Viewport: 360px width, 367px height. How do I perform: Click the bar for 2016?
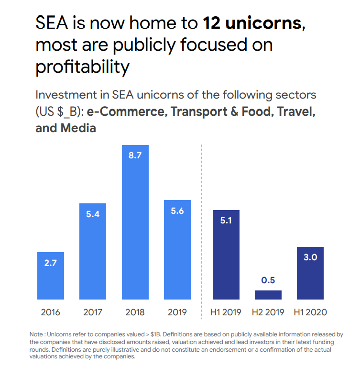(51, 276)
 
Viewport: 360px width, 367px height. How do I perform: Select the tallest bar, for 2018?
(135, 222)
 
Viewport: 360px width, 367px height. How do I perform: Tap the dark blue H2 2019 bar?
(268, 295)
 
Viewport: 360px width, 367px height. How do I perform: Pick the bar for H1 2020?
(310, 273)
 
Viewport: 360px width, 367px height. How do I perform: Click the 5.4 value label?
(93, 215)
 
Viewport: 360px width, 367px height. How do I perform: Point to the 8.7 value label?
(135, 156)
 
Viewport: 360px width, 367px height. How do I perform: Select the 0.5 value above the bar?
(268, 280)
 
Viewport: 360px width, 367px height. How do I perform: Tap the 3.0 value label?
(310, 257)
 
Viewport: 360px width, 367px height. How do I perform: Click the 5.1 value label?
(226, 221)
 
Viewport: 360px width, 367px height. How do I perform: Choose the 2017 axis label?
(93, 312)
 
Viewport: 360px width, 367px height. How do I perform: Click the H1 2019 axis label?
(226, 312)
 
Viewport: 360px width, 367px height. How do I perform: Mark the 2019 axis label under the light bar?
(177, 312)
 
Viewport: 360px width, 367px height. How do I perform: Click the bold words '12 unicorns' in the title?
(252, 23)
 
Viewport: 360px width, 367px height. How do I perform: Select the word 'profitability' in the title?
(82, 67)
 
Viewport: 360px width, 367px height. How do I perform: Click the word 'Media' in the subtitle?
(79, 128)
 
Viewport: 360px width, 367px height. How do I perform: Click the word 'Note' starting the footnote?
(37, 334)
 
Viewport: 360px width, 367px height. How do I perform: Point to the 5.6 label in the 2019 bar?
(177, 211)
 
